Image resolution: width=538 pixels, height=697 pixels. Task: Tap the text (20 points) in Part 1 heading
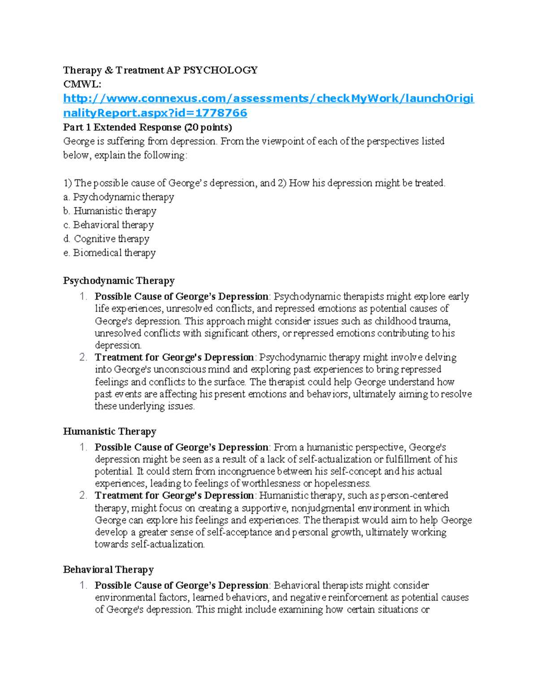point(208,127)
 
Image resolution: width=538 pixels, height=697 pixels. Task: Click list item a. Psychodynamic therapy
point(119,197)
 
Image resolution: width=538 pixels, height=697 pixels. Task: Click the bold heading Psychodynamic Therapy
point(119,281)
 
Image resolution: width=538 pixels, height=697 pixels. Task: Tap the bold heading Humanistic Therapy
point(109,432)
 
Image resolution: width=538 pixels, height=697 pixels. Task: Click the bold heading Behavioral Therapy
point(108,570)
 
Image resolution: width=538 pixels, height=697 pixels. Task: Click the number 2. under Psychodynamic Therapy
point(83,358)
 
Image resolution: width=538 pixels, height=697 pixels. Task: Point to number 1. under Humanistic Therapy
point(83,447)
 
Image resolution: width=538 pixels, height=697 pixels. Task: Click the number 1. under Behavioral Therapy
point(83,586)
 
